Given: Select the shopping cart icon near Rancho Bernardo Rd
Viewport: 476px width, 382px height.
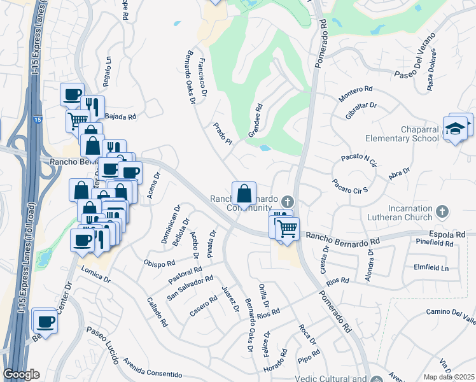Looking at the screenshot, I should (x=288, y=227).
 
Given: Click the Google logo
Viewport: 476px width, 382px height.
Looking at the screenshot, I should (x=21, y=374).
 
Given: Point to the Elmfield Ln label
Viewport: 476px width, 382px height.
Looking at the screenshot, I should (x=431, y=267).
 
